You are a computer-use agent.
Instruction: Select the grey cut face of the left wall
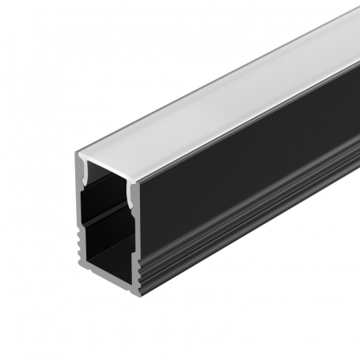click(x=81, y=224)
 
